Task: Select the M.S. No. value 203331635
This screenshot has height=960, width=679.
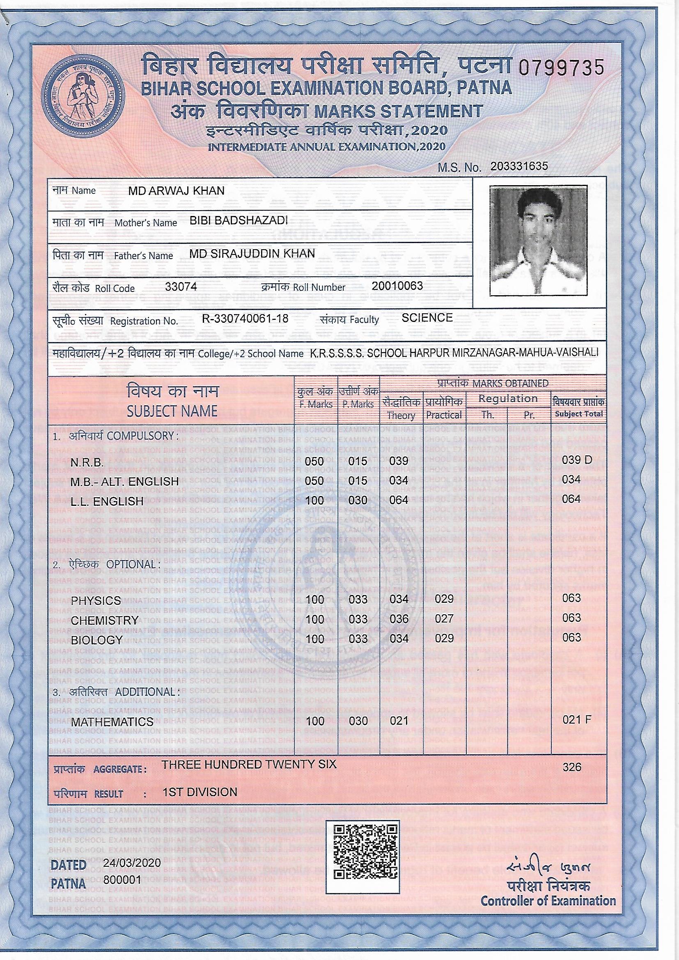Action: pos(519,166)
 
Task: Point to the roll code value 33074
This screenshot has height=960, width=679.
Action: pos(181,287)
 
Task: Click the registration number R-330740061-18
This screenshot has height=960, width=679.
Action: pos(245,319)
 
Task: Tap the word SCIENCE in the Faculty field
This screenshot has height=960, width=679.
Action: pos(427,318)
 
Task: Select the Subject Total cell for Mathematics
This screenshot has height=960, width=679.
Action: pos(576,719)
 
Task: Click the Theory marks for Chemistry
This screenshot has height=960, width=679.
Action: pos(399,619)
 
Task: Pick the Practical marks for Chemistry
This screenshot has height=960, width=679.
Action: pos(444,619)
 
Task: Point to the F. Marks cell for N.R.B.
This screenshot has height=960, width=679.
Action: pos(314,461)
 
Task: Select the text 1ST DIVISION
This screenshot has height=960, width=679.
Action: pos(200,792)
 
